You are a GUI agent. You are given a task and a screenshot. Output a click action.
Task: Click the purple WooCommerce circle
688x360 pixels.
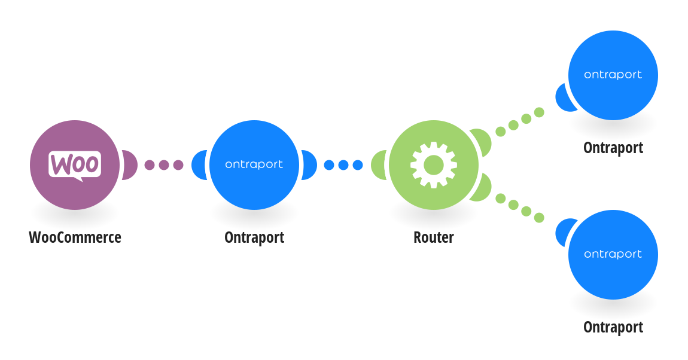[x=75, y=165]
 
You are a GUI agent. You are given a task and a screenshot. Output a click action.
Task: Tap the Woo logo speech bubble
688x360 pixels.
[x=75, y=165]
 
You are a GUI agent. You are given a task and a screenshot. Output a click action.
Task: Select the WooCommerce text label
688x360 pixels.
[x=75, y=237]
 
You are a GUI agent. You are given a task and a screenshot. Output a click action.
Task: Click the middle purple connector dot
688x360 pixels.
[x=164, y=165]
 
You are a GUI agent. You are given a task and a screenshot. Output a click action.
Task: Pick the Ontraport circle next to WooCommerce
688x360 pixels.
[x=254, y=165]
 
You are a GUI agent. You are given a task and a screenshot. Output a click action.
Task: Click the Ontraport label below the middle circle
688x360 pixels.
[x=254, y=237]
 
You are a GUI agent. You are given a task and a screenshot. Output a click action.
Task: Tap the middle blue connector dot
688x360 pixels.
[x=343, y=165]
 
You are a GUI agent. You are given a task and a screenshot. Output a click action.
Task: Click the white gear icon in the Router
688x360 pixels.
[x=434, y=165]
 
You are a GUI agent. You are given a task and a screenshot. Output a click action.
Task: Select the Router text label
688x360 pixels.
[x=434, y=237]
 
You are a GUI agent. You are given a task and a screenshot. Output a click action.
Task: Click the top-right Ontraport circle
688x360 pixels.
[x=613, y=75]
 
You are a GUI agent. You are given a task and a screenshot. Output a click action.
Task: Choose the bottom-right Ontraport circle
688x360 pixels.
[x=613, y=255]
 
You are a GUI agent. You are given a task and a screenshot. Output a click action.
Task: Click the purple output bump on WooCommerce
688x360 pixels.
[x=130, y=165]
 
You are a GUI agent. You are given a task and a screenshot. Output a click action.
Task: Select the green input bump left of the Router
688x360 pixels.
[x=378, y=165]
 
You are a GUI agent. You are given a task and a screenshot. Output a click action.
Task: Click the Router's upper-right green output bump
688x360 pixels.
[x=482, y=142]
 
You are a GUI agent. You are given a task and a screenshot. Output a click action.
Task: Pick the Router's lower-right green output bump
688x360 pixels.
[x=482, y=188]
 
